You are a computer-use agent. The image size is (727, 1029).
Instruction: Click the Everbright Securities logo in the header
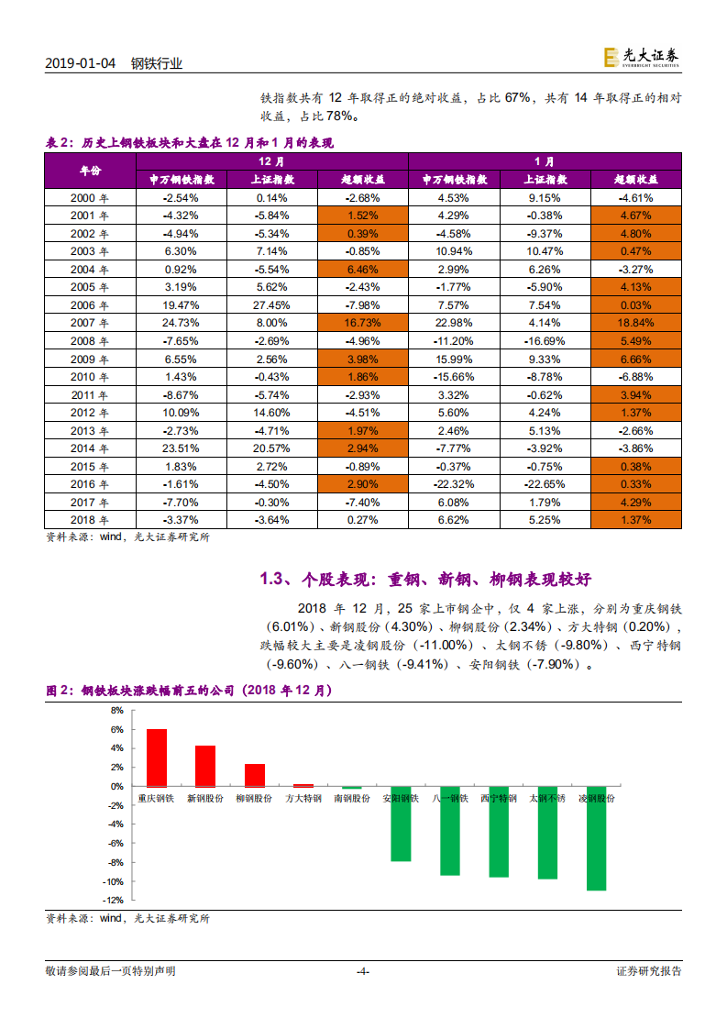[x=641, y=57]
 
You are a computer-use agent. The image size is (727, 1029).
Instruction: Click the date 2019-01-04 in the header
[x=82, y=64]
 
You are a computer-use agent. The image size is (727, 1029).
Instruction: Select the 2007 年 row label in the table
[x=89, y=322]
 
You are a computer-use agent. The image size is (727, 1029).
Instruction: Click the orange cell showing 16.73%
[x=362, y=322]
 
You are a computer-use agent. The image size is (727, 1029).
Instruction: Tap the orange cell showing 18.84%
[x=635, y=322]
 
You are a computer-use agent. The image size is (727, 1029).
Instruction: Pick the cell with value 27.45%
[x=271, y=304]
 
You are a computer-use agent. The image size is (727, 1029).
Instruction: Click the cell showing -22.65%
[x=545, y=484]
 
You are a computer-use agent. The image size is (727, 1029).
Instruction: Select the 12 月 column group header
[x=271, y=160]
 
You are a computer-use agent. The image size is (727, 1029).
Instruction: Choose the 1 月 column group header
[x=545, y=160]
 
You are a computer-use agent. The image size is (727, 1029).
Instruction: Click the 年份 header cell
[x=89, y=171]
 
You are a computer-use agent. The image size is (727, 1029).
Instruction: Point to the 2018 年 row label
[x=89, y=520]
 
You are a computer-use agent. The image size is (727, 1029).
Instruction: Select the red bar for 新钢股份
[x=205, y=766]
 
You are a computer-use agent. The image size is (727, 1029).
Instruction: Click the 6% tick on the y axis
[x=116, y=730]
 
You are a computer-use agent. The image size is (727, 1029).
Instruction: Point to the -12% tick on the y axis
[x=114, y=900]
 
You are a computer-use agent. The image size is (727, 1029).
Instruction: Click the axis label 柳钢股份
[x=254, y=799]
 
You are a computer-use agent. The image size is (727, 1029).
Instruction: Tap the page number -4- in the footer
[x=362, y=971]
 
